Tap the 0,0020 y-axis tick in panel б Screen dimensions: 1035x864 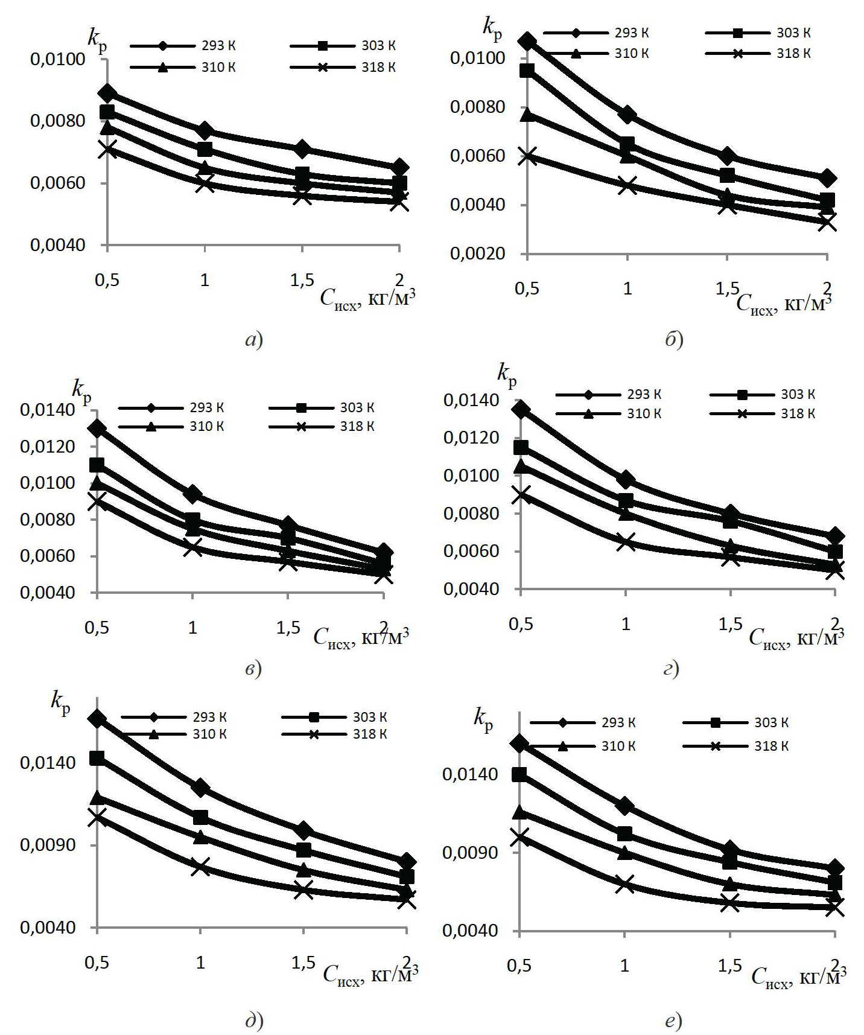tap(477, 253)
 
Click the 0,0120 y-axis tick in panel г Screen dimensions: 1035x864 tap(471, 438)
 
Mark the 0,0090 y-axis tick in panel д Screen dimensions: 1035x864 tap(48, 845)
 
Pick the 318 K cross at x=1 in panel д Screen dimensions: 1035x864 tap(200, 867)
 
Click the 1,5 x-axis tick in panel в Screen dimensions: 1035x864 tap(288, 628)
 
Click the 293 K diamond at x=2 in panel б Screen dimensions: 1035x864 tap(827, 178)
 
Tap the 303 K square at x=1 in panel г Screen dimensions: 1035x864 tap(626, 500)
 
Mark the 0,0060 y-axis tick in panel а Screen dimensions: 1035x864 tap(58, 183)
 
